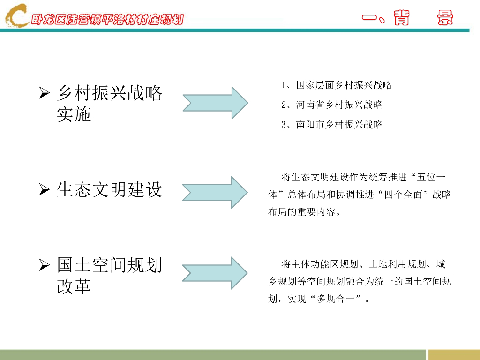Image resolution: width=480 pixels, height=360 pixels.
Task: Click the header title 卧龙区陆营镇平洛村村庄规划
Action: click(x=107, y=20)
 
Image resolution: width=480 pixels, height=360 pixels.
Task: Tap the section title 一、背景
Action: click(x=407, y=18)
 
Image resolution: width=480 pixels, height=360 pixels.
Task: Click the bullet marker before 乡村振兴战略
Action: click(x=44, y=93)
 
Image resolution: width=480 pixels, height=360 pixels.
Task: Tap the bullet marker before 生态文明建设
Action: click(x=44, y=190)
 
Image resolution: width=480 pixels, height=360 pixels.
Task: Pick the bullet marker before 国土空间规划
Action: click(x=44, y=265)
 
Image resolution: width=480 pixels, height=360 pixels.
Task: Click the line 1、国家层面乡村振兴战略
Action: click(x=337, y=85)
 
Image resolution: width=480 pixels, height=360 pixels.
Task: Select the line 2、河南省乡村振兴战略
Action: click(x=332, y=105)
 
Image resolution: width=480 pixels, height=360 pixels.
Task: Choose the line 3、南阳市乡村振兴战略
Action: click(x=332, y=125)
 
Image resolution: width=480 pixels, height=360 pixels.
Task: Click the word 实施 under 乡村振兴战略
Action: click(x=74, y=114)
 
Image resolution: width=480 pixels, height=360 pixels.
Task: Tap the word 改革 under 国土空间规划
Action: click(x=74, y=286)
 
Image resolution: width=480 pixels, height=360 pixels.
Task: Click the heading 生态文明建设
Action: click(x=109, y=189)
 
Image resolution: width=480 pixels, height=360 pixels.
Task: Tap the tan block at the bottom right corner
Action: click(x=454, y=354)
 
